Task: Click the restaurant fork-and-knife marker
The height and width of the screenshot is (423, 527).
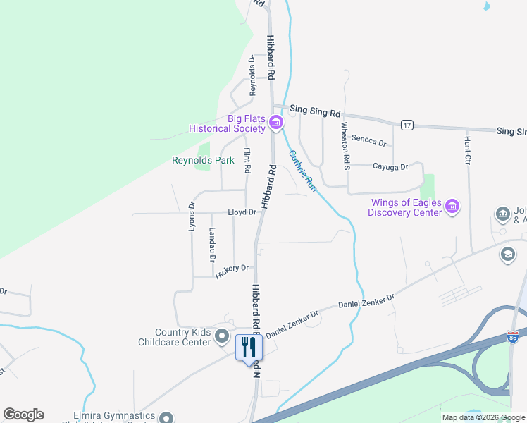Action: (x=248, y=348)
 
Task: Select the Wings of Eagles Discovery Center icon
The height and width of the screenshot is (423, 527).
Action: (x=452, y=207)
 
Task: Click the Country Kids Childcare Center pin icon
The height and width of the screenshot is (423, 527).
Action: (x=222, y=336)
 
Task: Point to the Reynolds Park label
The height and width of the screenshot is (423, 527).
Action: (x=203, y=161)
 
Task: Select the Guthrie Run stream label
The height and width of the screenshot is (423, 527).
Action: (x=302, y=171)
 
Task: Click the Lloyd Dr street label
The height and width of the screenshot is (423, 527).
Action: (x=241, y=212)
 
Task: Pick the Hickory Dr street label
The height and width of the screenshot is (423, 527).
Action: (x=233, y=270)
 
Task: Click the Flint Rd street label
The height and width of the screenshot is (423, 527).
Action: (x=247, y=161)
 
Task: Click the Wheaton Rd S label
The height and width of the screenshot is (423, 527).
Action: (x=345, y=146)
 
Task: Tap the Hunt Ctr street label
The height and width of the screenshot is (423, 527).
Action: (x=466, y=151)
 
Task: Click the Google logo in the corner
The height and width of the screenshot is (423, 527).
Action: (x=23, y=415)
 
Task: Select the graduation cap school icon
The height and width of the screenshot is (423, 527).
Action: (x=507, y=254)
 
